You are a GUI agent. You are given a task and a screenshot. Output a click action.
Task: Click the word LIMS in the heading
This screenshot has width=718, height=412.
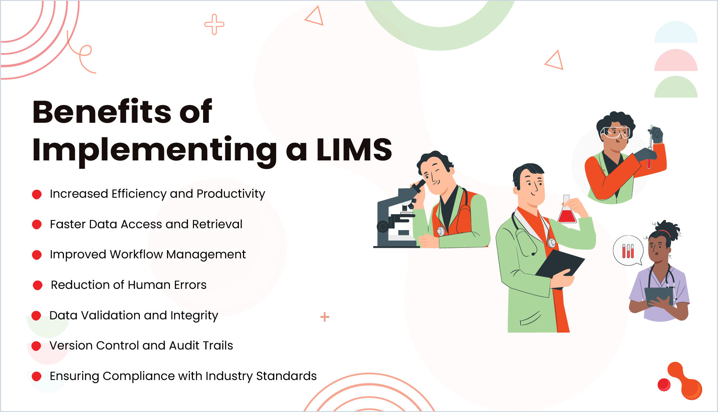coord(354,150)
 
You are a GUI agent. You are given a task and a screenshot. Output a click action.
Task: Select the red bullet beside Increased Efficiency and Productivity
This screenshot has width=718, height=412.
coord(37,194)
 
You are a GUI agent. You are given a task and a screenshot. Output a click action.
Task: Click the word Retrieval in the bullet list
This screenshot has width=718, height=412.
coord(217,224)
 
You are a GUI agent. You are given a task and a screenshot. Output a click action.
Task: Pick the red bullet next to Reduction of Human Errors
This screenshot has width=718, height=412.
coord(38,285)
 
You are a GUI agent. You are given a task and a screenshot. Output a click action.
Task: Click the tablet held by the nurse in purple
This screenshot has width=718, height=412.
coord(659,296)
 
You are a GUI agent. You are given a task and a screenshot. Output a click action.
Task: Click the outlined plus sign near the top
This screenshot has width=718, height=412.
coord(214,24)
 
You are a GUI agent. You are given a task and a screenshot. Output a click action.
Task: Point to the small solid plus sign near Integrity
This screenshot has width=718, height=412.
coord(325,317)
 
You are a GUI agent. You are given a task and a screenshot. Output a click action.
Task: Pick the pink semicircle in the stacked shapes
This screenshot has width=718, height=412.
coord(675,61)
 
